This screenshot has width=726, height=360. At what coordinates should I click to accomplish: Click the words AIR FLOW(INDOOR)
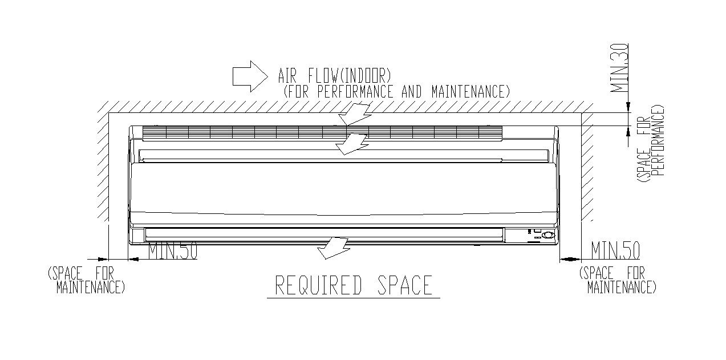tap(334, 75)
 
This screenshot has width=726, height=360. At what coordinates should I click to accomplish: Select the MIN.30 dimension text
tap(619, 68)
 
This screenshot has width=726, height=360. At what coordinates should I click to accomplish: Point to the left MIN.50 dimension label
tap(173, 251)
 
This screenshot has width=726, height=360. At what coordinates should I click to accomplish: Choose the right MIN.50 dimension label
tap(615, 250)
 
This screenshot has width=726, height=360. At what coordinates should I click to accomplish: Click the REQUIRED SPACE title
tap(354, 285)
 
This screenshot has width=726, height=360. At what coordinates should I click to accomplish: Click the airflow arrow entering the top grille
tap(354, 114)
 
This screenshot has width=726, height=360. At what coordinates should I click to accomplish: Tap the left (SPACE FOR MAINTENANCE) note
tap(86, 280)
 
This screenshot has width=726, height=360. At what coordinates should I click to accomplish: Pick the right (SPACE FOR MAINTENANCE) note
tap(617, 280)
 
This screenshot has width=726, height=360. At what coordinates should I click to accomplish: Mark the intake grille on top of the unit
tap(322, 132)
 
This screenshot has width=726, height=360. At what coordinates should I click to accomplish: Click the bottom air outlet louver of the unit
tap(324, 234)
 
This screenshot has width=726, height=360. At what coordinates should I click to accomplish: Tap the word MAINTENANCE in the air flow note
tap(469, 91)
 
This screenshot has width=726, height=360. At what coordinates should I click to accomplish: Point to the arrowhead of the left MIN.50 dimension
tap(134, 259)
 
